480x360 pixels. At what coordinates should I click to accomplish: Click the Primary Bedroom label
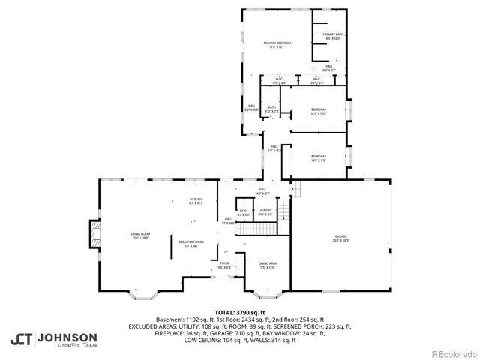277,45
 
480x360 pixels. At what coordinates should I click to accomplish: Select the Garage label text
340,238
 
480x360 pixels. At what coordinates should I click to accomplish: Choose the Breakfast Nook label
188,243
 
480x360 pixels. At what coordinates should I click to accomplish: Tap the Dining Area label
268,265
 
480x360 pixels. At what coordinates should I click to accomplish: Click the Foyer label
224,265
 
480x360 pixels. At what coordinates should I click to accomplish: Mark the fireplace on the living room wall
94,232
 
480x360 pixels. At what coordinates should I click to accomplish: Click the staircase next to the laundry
283,211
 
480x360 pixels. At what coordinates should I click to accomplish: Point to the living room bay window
141,293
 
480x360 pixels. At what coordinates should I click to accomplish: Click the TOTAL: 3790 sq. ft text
240,312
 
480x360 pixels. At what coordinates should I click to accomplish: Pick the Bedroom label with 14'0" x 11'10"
319,112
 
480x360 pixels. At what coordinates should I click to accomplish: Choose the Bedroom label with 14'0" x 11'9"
319,157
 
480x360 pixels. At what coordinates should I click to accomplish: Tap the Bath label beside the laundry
243,213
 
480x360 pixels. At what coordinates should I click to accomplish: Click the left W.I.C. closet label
278,81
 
